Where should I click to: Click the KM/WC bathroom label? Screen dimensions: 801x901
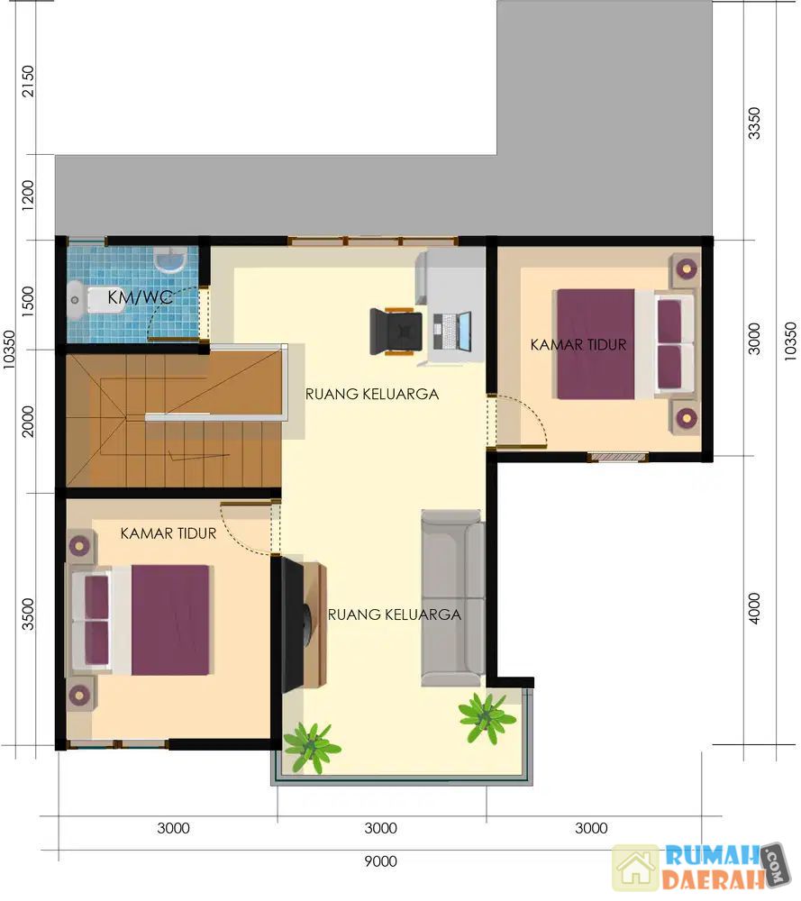[140, 297]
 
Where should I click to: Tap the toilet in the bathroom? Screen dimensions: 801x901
[95, 299]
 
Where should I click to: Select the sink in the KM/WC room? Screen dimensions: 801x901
[170, 259]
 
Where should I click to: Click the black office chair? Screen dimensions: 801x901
[396, 332]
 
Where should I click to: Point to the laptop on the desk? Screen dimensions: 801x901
[451, 332]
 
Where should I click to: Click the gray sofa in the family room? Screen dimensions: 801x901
[452, 597]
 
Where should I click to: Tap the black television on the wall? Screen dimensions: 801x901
[296, 623]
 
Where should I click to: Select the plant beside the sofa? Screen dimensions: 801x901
[487, 717]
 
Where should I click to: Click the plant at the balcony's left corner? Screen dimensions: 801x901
[312, 746]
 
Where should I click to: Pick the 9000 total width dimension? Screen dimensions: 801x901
[380, 860]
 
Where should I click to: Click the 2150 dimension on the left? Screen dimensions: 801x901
[28, 81]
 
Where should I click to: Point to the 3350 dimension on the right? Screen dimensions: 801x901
[754, 123]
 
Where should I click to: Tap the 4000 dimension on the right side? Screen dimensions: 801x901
[754, 608]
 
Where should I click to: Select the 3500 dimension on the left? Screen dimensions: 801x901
[28, 614]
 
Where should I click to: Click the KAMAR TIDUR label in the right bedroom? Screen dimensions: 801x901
[578, 345]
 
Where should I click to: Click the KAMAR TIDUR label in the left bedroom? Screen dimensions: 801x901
[168, 533]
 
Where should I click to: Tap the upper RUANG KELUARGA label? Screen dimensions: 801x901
[372, 395]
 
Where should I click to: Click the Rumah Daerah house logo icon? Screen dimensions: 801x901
[636, 868]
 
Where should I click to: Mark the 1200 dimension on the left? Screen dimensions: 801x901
[28, 196]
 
